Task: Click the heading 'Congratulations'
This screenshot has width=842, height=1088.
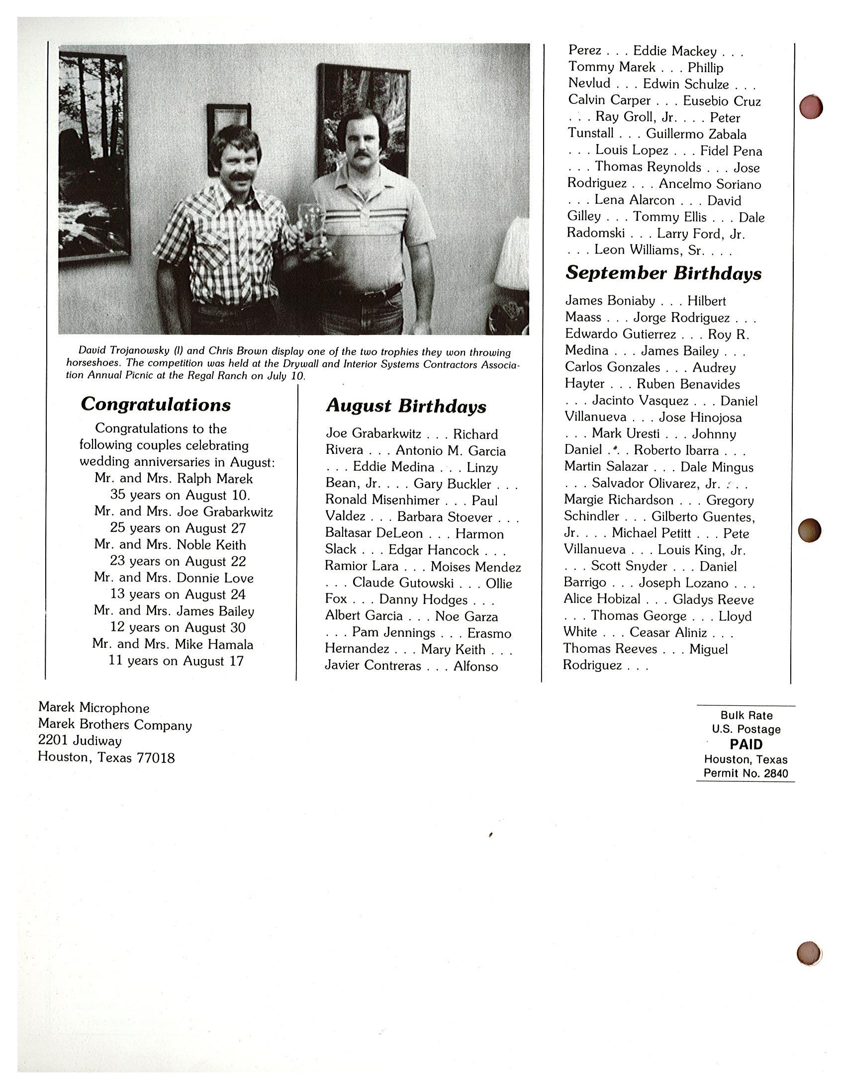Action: tap(156, 405)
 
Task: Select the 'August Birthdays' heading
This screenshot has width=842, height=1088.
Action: tap(406, 407)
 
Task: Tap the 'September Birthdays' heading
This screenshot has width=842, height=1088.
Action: tap(663, 273)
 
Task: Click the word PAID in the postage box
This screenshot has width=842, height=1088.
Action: tap(746, 744)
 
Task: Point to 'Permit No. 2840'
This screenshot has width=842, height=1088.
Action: tap(746, 774)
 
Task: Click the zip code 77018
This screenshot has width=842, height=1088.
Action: tap(156, 758)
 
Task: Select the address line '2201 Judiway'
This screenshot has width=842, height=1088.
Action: tap(80, 741)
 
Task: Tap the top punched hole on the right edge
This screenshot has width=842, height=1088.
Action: tap(811, 106)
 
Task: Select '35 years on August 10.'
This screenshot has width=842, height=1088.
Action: tap(180, 495)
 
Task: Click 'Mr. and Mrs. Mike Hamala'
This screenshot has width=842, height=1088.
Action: tap(173, 645)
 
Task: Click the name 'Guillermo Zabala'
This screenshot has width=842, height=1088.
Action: tap(696, 134)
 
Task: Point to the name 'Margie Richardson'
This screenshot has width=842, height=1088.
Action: tap(618, 500)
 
